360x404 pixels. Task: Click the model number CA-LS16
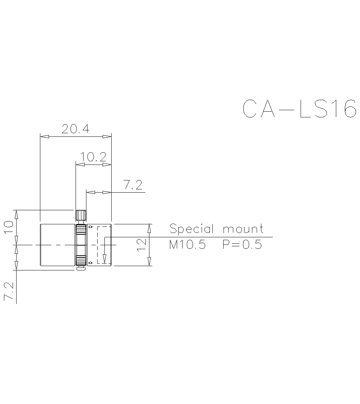point(300,108)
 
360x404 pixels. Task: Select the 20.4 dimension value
point(75,129)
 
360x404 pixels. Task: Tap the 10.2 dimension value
point(93,157)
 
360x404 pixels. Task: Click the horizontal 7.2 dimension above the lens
point(133,185)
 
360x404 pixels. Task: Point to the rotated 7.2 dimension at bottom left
point(9,292)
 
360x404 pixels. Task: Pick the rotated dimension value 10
point(9,228)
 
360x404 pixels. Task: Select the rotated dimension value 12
point(141,245)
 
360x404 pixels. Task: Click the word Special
point(192,229)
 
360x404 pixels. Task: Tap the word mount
point(243,229)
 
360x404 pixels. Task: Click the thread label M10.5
point(187,245)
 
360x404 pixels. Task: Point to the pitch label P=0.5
point(242,245)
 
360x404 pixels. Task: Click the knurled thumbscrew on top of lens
point(81,215)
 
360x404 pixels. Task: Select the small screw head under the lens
point(81,268)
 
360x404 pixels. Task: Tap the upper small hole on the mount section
point(90,227)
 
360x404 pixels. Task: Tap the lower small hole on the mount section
point(90,262)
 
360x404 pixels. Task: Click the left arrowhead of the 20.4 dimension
point(44,137)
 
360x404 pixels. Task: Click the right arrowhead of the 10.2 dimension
point(107,165)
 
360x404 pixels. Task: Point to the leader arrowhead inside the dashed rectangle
point(104,259)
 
